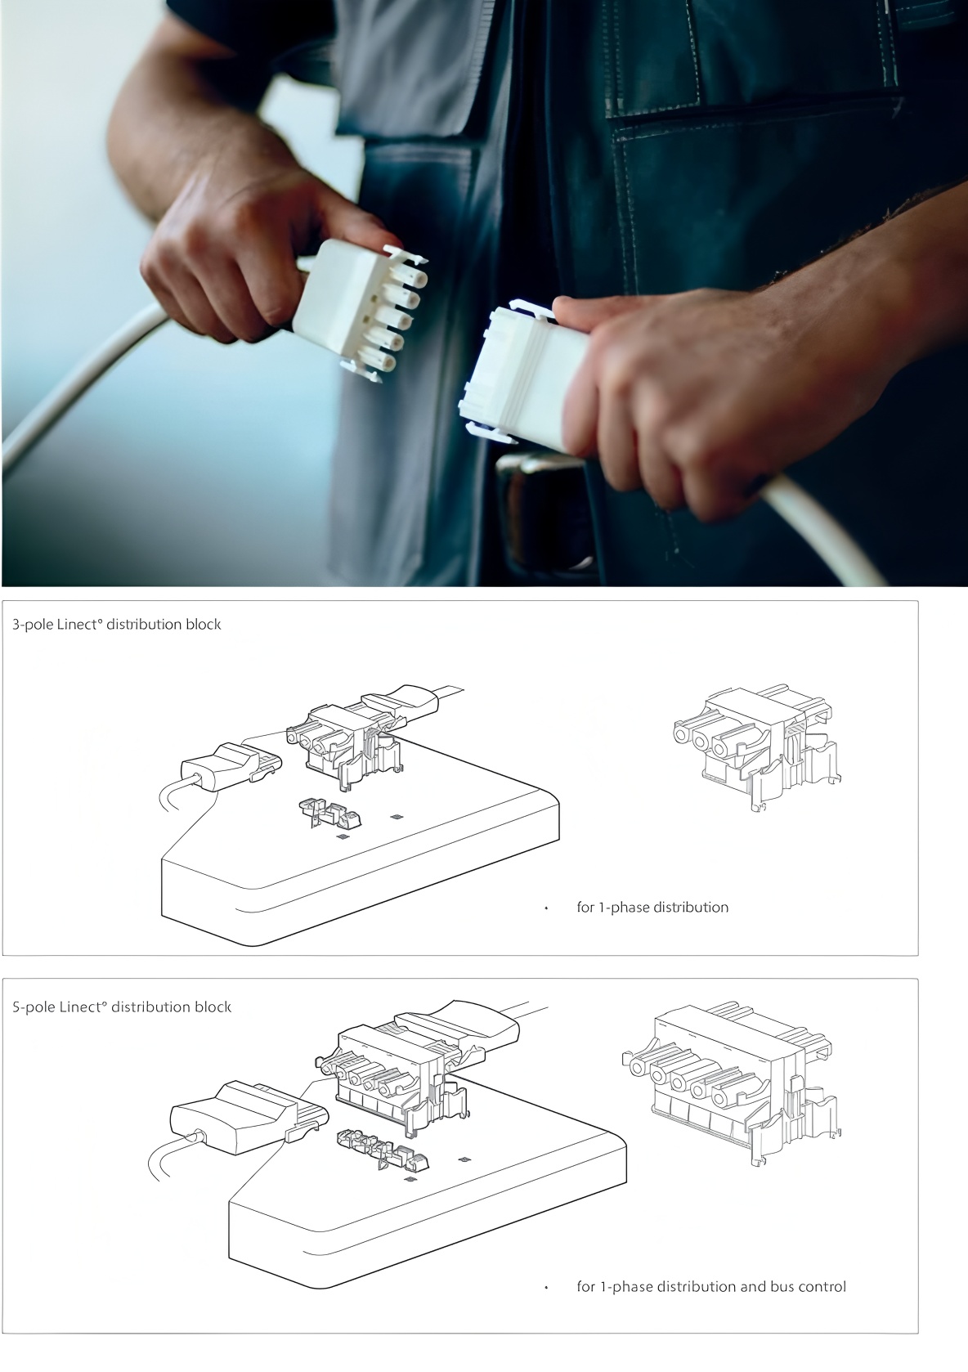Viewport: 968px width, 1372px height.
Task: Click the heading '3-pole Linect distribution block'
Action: point(116,624)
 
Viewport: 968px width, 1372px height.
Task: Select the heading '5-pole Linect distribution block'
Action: point(122,1007)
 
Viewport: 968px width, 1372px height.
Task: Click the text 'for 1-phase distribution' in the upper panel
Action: point(652,907)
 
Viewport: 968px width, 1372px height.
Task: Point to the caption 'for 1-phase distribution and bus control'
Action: point(711,1286)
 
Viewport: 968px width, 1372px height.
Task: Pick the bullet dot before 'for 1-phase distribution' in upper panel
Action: point(546,908)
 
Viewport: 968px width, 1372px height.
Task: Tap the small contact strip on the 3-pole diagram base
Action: point(330,813)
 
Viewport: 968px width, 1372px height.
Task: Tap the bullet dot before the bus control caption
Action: point(546,1288)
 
